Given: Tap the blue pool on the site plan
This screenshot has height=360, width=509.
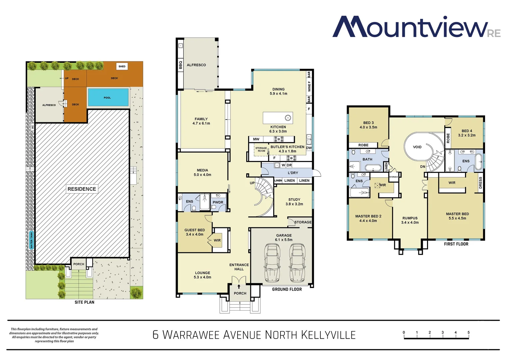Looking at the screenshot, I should pos(108,97).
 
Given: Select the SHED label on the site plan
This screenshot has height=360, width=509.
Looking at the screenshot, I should pos(122,66).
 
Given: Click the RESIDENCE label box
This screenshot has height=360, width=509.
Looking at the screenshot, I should pos(82,189).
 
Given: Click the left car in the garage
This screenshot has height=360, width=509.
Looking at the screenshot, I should pos(272,263).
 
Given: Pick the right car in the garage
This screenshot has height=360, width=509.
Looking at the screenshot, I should pos(297,263).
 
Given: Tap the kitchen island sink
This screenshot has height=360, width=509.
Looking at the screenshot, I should pos(288,118).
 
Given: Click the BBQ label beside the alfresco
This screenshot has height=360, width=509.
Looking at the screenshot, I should pos(181,65).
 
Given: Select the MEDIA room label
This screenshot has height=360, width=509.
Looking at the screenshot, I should pos(202,170).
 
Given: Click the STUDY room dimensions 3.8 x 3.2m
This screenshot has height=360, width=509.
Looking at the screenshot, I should pos(294,204).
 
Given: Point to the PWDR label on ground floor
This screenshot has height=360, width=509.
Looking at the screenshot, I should pos(218,202).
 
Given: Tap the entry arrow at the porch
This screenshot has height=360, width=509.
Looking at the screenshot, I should pos(239,286).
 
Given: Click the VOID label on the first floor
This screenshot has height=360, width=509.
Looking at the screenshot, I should pos(417,147).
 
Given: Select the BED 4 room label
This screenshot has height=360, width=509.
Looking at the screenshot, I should pos(467,131).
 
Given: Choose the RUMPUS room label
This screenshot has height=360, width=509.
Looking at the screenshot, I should pos(410,218).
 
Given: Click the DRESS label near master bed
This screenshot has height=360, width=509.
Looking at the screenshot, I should pos(480,183).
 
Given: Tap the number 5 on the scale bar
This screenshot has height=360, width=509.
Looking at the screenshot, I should pos(468,332).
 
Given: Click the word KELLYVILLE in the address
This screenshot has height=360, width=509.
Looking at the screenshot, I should pos(328,335).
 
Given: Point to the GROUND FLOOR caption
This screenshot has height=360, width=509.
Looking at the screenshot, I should pos(287,289).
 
